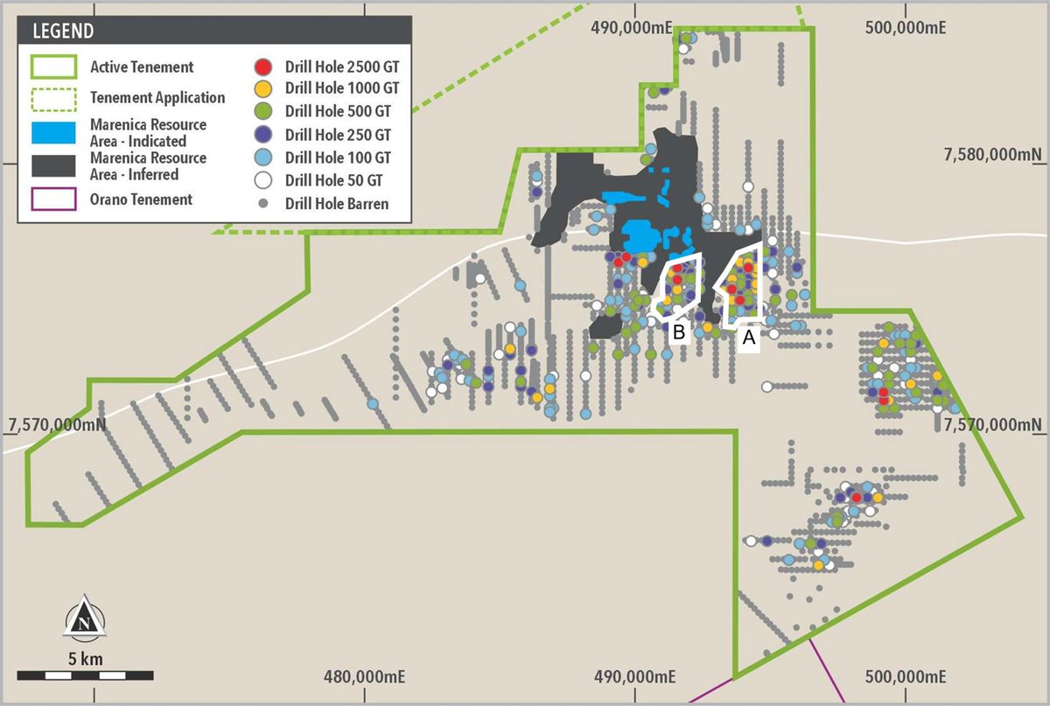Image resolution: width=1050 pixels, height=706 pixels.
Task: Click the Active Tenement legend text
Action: pos(142,67)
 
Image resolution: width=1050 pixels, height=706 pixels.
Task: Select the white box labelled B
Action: pos(679,331)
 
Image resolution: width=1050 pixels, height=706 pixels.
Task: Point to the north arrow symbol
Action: pos(84,617)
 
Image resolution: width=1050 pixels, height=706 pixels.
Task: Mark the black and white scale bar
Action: pos(85,675)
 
